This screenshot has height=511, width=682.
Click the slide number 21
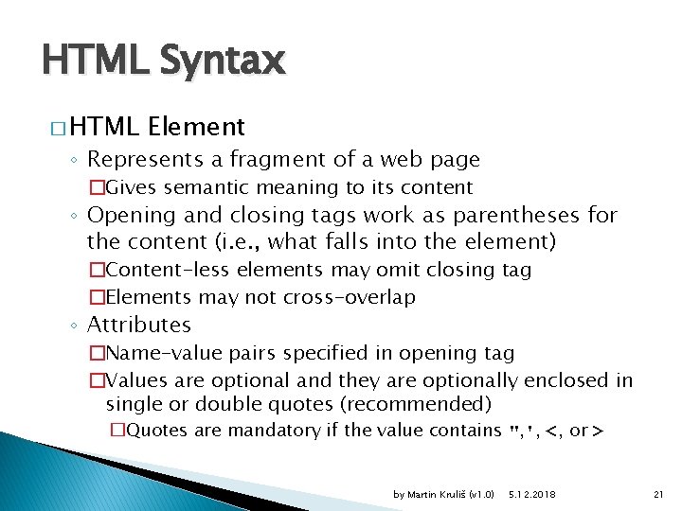(x=660, y=494)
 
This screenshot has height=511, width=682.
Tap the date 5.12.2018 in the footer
(x=532, y=494)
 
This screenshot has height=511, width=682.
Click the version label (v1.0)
(x=482, y=494)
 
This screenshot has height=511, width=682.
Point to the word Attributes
(x=139, y=325)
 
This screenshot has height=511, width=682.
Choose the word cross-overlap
(x=350, y=297)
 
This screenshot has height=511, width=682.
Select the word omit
(x=397, y=270)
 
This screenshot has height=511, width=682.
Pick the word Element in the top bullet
(x=196, y=126)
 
